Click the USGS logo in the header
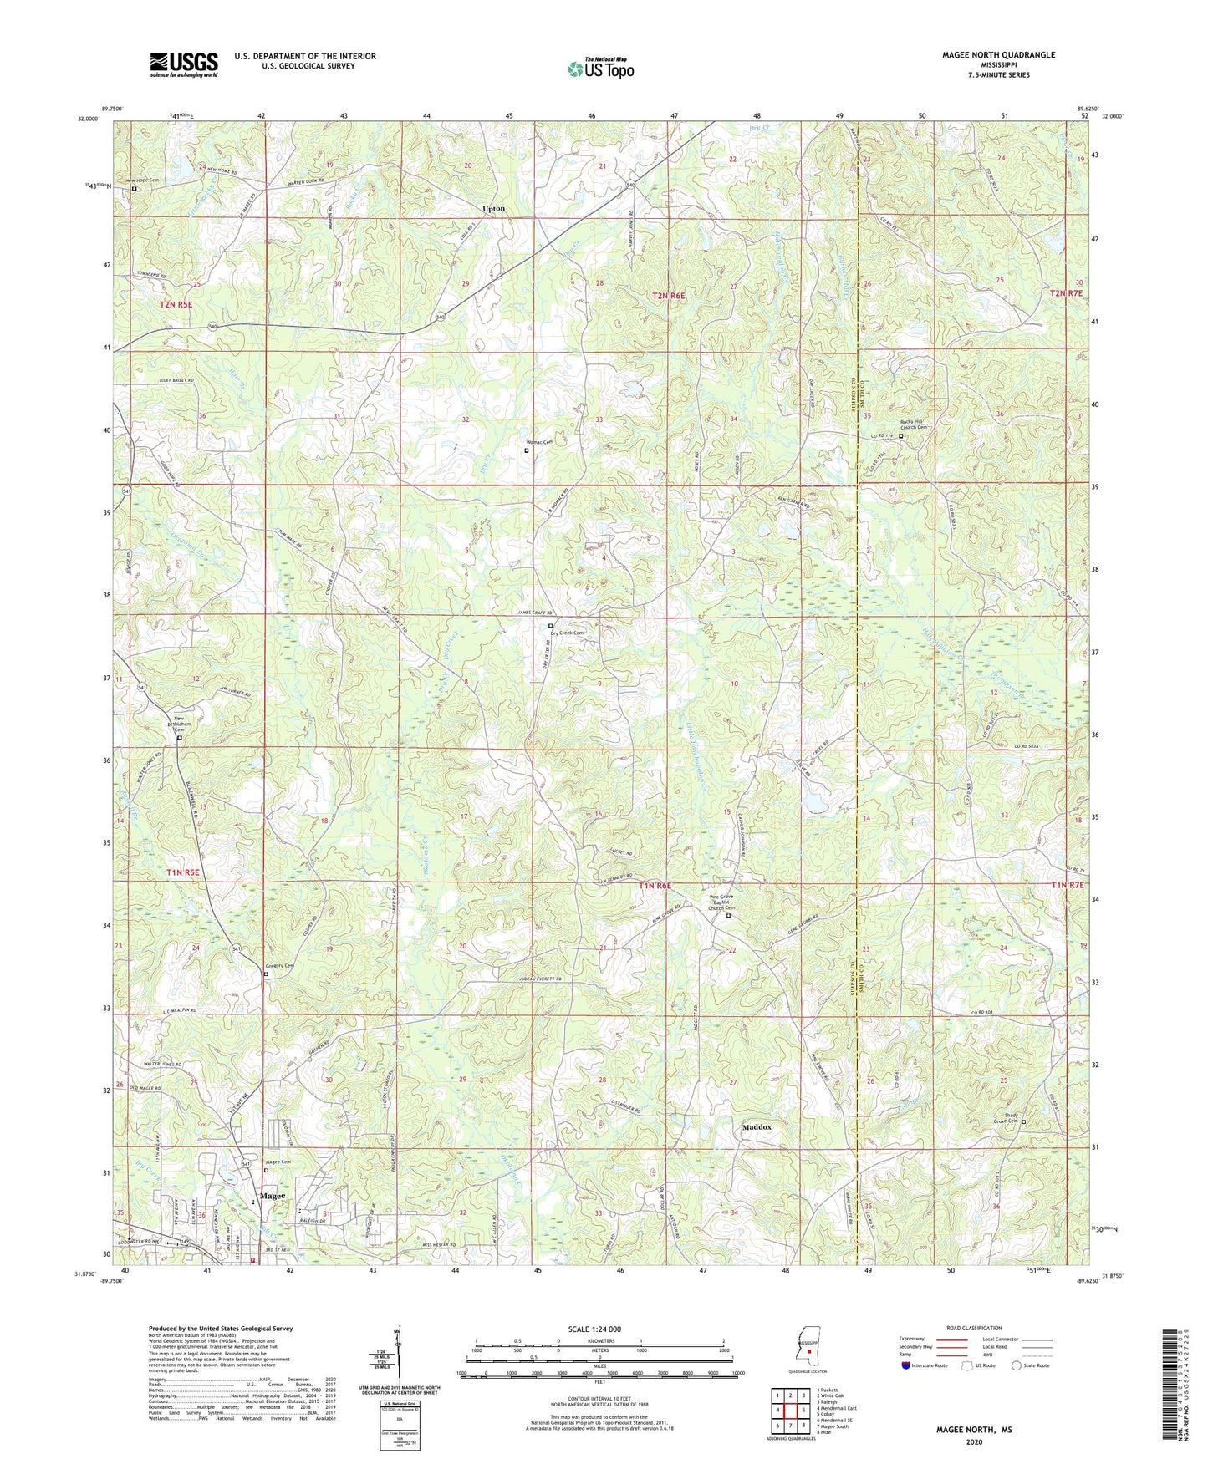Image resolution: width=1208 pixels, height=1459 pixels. tap(184, 64)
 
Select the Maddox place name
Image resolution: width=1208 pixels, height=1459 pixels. tap(757, 1127)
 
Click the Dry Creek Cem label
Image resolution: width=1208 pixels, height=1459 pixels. tap(564, 633)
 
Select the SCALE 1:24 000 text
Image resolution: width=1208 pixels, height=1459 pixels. tap(599, 1329)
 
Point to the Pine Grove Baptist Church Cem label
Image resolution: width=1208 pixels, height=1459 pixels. tap(726, 903)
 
